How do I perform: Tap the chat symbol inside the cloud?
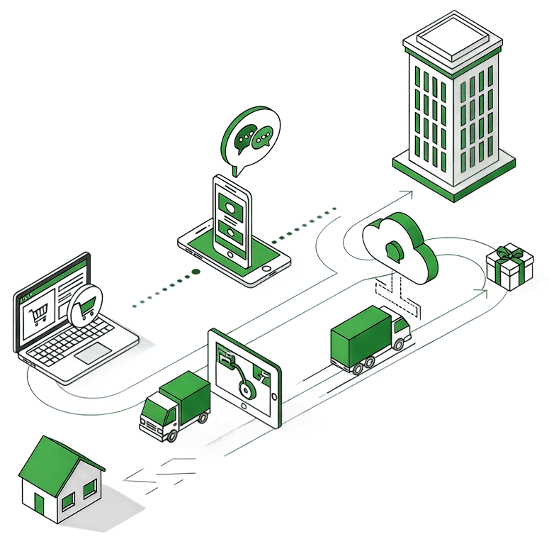pos(393,249)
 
